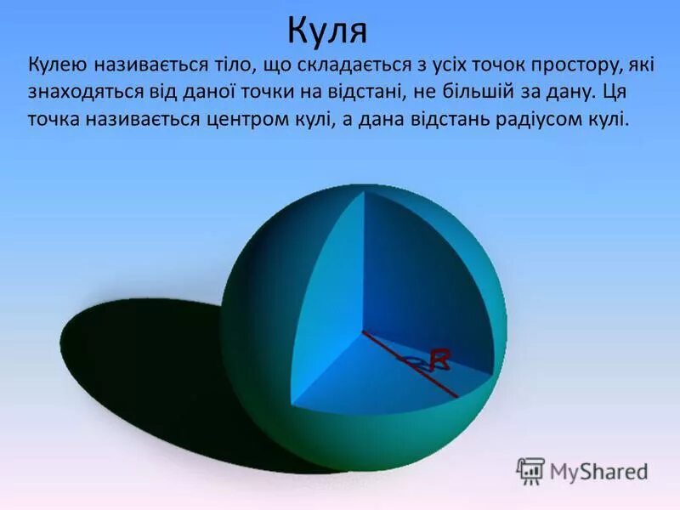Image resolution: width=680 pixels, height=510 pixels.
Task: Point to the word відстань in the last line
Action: (435, 120)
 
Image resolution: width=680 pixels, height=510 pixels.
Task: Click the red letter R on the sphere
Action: (439, 358)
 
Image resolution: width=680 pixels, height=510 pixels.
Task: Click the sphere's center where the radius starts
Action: (364, 331)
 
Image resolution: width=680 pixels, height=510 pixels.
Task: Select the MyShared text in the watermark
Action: (598, 471)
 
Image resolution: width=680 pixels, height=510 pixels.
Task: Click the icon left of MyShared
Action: (530, 471)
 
